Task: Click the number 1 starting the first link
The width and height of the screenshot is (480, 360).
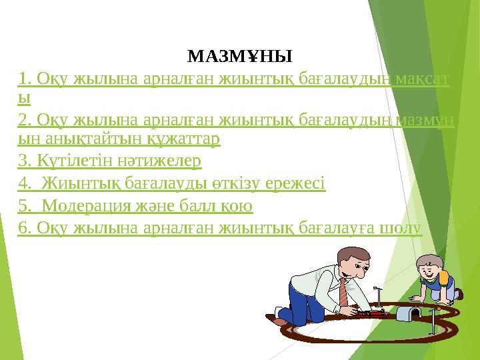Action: [x=23, y=80]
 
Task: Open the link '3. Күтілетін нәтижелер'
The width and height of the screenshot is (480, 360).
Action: [x=110, y=161]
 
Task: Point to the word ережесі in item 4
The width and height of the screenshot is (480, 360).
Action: [x=297, y=183]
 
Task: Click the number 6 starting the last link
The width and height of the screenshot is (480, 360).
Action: [x=23, y=227]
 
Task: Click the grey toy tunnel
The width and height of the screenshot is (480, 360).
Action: [x=409, y=311]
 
